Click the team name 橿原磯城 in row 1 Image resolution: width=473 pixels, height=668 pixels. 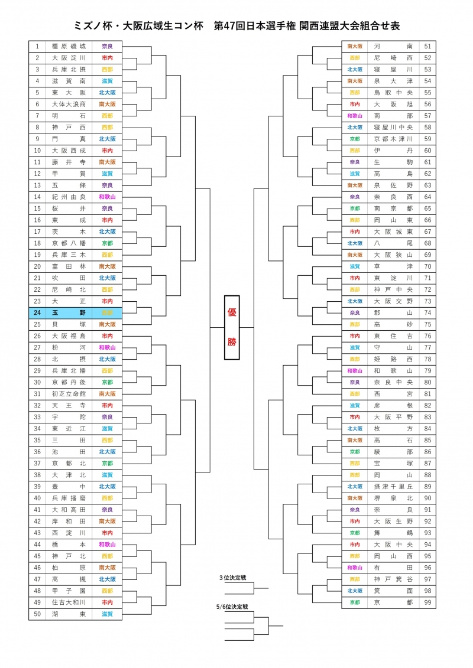pyautogui.click(x=69, y=46)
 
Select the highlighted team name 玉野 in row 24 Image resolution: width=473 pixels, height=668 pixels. pyautogui.click(x=69, y=312)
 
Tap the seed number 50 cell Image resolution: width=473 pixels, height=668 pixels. pyautogui.click(x=37, y=614)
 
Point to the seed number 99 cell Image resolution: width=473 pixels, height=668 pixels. pyautogui.click(x=427, y=602)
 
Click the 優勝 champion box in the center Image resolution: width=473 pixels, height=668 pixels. pyautogui.click(x=232, y=327)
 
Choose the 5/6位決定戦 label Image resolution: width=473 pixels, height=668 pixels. pyautogui.click(x=232, y=607)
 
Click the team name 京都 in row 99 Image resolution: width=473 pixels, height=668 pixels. pyautogui.click(x=393, y=602)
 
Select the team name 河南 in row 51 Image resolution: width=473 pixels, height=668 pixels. pyautogui.click(x=393, y=46)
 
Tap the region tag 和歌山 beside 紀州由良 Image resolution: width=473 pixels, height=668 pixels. pyautogui.click(x=107, y=197)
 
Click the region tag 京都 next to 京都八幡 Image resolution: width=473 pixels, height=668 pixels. pyautogui.click(x=107, y=243)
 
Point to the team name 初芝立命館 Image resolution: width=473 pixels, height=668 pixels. pyautogui.click(x=69, y=393)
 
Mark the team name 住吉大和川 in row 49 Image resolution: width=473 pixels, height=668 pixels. pyautogui.click(x=69, y=602)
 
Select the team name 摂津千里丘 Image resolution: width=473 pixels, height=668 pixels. pyautogui.click(x=393, y=487)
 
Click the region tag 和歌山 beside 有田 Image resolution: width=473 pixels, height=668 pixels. pyautogui.click(x=354, y=568)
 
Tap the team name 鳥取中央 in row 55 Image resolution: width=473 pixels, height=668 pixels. pyautogui.click(x=393, y=93)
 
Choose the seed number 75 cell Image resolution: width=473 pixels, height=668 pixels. pyautogui.click(x=427, y=324)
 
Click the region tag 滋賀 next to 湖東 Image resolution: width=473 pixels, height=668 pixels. pyautogui.click(x=107, y=614)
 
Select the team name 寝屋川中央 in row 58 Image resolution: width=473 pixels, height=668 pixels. pyautogui.click(x=393, y=127)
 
